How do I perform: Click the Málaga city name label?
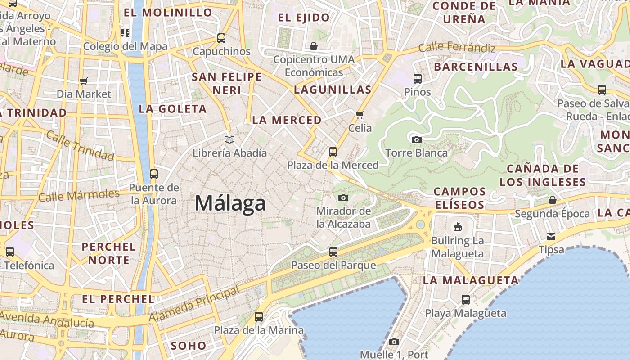pyautogui.click(x=230, y=203)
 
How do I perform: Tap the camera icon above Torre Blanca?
pyautogui.click(x=417, y=139)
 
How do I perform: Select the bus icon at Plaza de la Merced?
pyautogui.click(x=333, y=152)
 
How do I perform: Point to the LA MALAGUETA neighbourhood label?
pyautogui.click(x=471, y=280)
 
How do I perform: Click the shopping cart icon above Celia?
pyautogui.click(x=360, y=115)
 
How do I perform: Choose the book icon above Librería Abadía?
pyautogui.click(x=229, y=140)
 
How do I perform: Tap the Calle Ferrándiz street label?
pyautogui.click(x=457, y=47)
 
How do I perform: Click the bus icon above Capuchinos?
pyautogui.click(x=221, y=38)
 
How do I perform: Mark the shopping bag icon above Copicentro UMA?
pyautogui.click(x=314, y=46)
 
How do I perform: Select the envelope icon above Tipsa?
pyautogui.click(x=551, y=237)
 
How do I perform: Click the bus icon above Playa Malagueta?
pyautogui.click(x=466, y=300)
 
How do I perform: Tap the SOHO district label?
pyautogui.click(x=189, y=346)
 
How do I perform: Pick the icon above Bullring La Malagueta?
pyautogui.click(x=458, y=227)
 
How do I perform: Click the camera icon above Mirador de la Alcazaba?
pyautogui.click(x=343, y=198)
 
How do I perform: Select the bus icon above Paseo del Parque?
pyautogui.click(x=333, y=252)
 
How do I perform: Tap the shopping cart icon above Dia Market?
pyautogui.click(x=84, y=81)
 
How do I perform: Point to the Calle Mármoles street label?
pyautogui.click(x=79, y=196)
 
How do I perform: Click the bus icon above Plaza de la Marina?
pyautogui.click(x=259, y=317)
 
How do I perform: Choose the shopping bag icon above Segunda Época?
pyautogui.click(x=552, y=200)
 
